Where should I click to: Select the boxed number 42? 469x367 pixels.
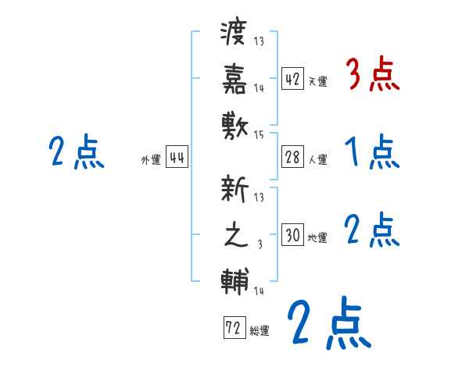[x=292, y=78]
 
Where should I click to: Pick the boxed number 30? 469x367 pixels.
[x=292, y=235]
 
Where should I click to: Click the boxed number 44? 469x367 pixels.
[x=177, y=159]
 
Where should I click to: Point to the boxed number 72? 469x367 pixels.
[x=234, y=328]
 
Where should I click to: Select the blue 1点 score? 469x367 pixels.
[x=371, y=151]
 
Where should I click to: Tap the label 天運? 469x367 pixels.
[x=317, y=81]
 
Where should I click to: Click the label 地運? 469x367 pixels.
[x=317, y=237]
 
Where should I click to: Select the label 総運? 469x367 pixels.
[x=260, y=331]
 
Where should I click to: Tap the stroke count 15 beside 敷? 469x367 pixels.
[x=259, y=136]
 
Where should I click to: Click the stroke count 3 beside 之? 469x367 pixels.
[x=260, y=246]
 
